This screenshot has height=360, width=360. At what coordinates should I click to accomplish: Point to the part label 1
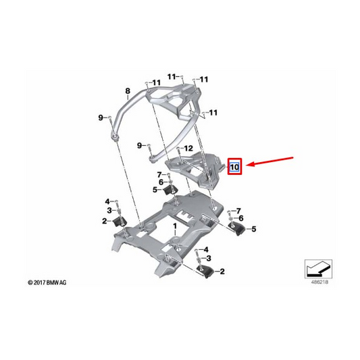point(174,224)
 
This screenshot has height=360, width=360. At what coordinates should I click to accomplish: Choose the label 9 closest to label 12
point(141,145)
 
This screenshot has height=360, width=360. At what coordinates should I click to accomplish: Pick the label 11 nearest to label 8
point(156,83)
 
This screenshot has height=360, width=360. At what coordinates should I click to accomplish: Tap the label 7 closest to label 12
point(160,174)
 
